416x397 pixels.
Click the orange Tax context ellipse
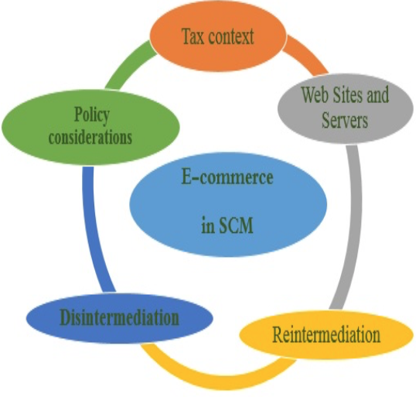click(x=218, y=36)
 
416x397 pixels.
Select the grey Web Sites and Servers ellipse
click(x=346, y=108)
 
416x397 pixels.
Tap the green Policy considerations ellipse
click(x=90, y=127)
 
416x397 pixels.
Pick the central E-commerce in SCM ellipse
click(x=228, y=204)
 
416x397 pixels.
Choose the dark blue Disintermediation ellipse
click(x=120, y=318)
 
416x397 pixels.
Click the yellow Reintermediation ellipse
click(x=326, y=334)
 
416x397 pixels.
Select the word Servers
click(x=345, y=120)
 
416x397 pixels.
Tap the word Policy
click(x=91, y=115)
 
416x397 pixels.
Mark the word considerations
click(x=90, y=137)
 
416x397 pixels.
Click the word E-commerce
click(x=227, y=177)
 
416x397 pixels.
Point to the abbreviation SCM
click(x=236, y=225)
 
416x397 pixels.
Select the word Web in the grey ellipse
click(x=315, y=94)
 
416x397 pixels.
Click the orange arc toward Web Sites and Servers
click(x=305, y=54)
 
